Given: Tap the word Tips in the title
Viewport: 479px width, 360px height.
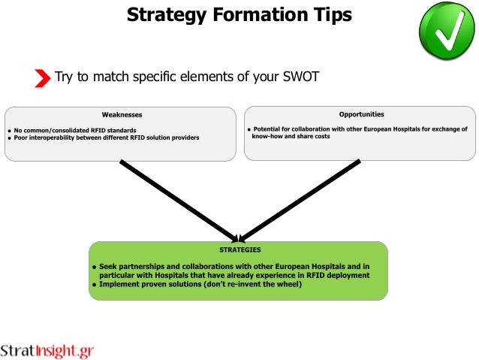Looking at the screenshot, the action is click(x=331, y=14).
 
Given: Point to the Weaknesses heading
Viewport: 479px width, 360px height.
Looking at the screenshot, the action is click(x=122, y=114).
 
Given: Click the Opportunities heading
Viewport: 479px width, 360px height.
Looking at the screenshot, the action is click(x=361, y=114).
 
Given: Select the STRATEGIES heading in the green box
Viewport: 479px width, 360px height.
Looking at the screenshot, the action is click(x=239, y=249).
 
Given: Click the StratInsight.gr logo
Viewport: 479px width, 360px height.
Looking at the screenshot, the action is click(x=47, y=350).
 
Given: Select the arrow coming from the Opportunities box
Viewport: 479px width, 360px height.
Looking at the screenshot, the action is click(x=300, y=199).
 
